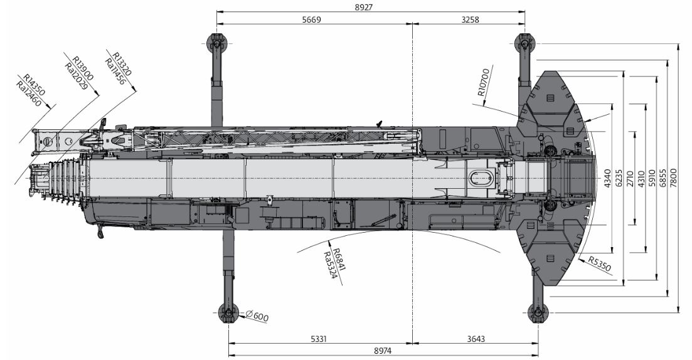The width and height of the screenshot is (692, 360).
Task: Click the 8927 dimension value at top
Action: pyautogui.click(x=370, y=7)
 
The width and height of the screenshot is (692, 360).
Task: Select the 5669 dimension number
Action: pyautogui.click(x=312, y=19)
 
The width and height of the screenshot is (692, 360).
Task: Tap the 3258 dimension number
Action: pyautogui.click(x=470, y=19)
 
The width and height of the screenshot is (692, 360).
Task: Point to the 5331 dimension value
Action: pyautogui.click(x=319, y=339)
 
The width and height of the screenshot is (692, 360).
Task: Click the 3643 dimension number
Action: pyautogui.click(x=476, y=339)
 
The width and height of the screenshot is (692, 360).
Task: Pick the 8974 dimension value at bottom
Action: pyautogui.click(x=383, y=351)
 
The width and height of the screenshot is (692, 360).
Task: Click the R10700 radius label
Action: pyautogui.click(x=483, y=82)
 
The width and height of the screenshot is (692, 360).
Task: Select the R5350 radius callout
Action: pyautogui.click(x=599, y=264)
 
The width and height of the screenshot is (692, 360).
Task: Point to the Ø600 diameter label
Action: pyautogui.click(x=257, y=316)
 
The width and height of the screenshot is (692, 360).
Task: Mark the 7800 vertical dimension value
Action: pyautogui.click(x=673, y=177)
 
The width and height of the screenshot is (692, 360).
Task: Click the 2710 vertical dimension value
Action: pyautogui.click(x=630, y=177)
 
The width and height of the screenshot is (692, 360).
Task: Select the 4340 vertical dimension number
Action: pyautogui.click(x=608, y=177)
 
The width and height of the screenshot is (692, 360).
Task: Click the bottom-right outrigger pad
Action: pyautogui.click(x=538, y=313)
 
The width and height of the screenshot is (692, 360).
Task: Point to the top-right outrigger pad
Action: pyautogui.click(x=524, y=44)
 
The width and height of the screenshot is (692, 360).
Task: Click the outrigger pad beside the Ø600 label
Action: pyautogui.click(x=228, y=313)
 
